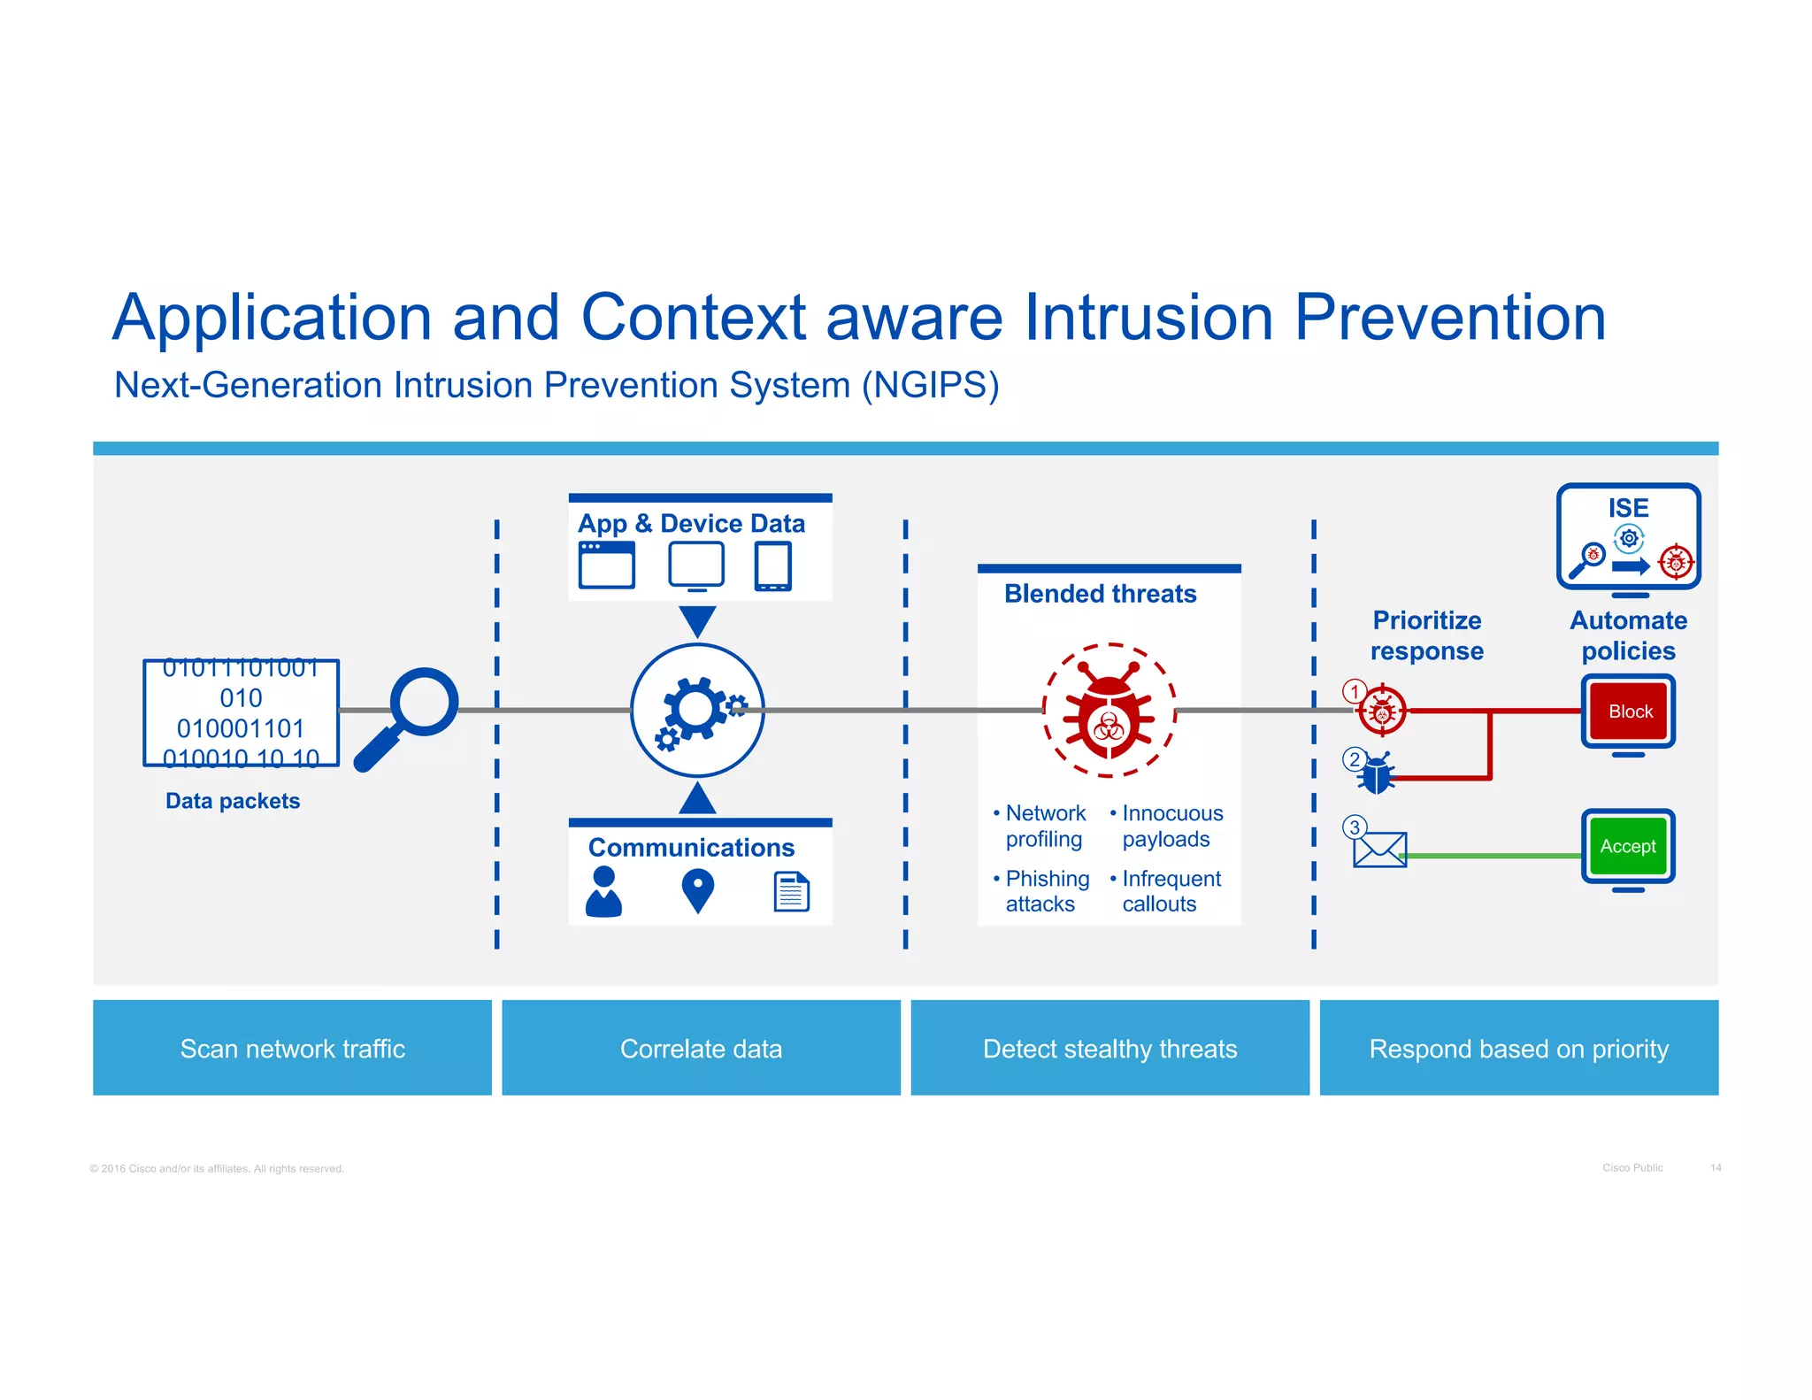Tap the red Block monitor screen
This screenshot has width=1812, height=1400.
[x=1628, y=711]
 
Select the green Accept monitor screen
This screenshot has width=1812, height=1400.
[x=1628, y=846]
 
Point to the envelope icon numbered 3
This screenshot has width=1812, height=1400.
[x=1379, y=850]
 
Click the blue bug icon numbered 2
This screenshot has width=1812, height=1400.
[x=1377, y=774]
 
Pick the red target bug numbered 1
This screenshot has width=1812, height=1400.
[x=1382, y=711]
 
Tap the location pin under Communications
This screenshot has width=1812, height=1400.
[x=697, y=889]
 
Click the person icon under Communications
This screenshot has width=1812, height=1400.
[x=603, y=891]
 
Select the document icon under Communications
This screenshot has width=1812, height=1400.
[x=791, y=891]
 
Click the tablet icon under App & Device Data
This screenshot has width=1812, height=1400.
[x=772, y=566]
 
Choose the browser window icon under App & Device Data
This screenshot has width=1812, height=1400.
[x=606, y=565]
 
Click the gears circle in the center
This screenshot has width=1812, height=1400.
[x=697, y=711]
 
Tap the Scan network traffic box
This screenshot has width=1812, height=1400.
[x=292, y=1048]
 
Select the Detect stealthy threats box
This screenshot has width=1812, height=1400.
[x=1109, y=1048]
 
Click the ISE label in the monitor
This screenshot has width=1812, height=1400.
[x=1628, y=508]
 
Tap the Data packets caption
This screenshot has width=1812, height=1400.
[x=233, y=801]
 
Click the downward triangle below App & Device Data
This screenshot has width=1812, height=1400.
[x=697, y=619]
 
